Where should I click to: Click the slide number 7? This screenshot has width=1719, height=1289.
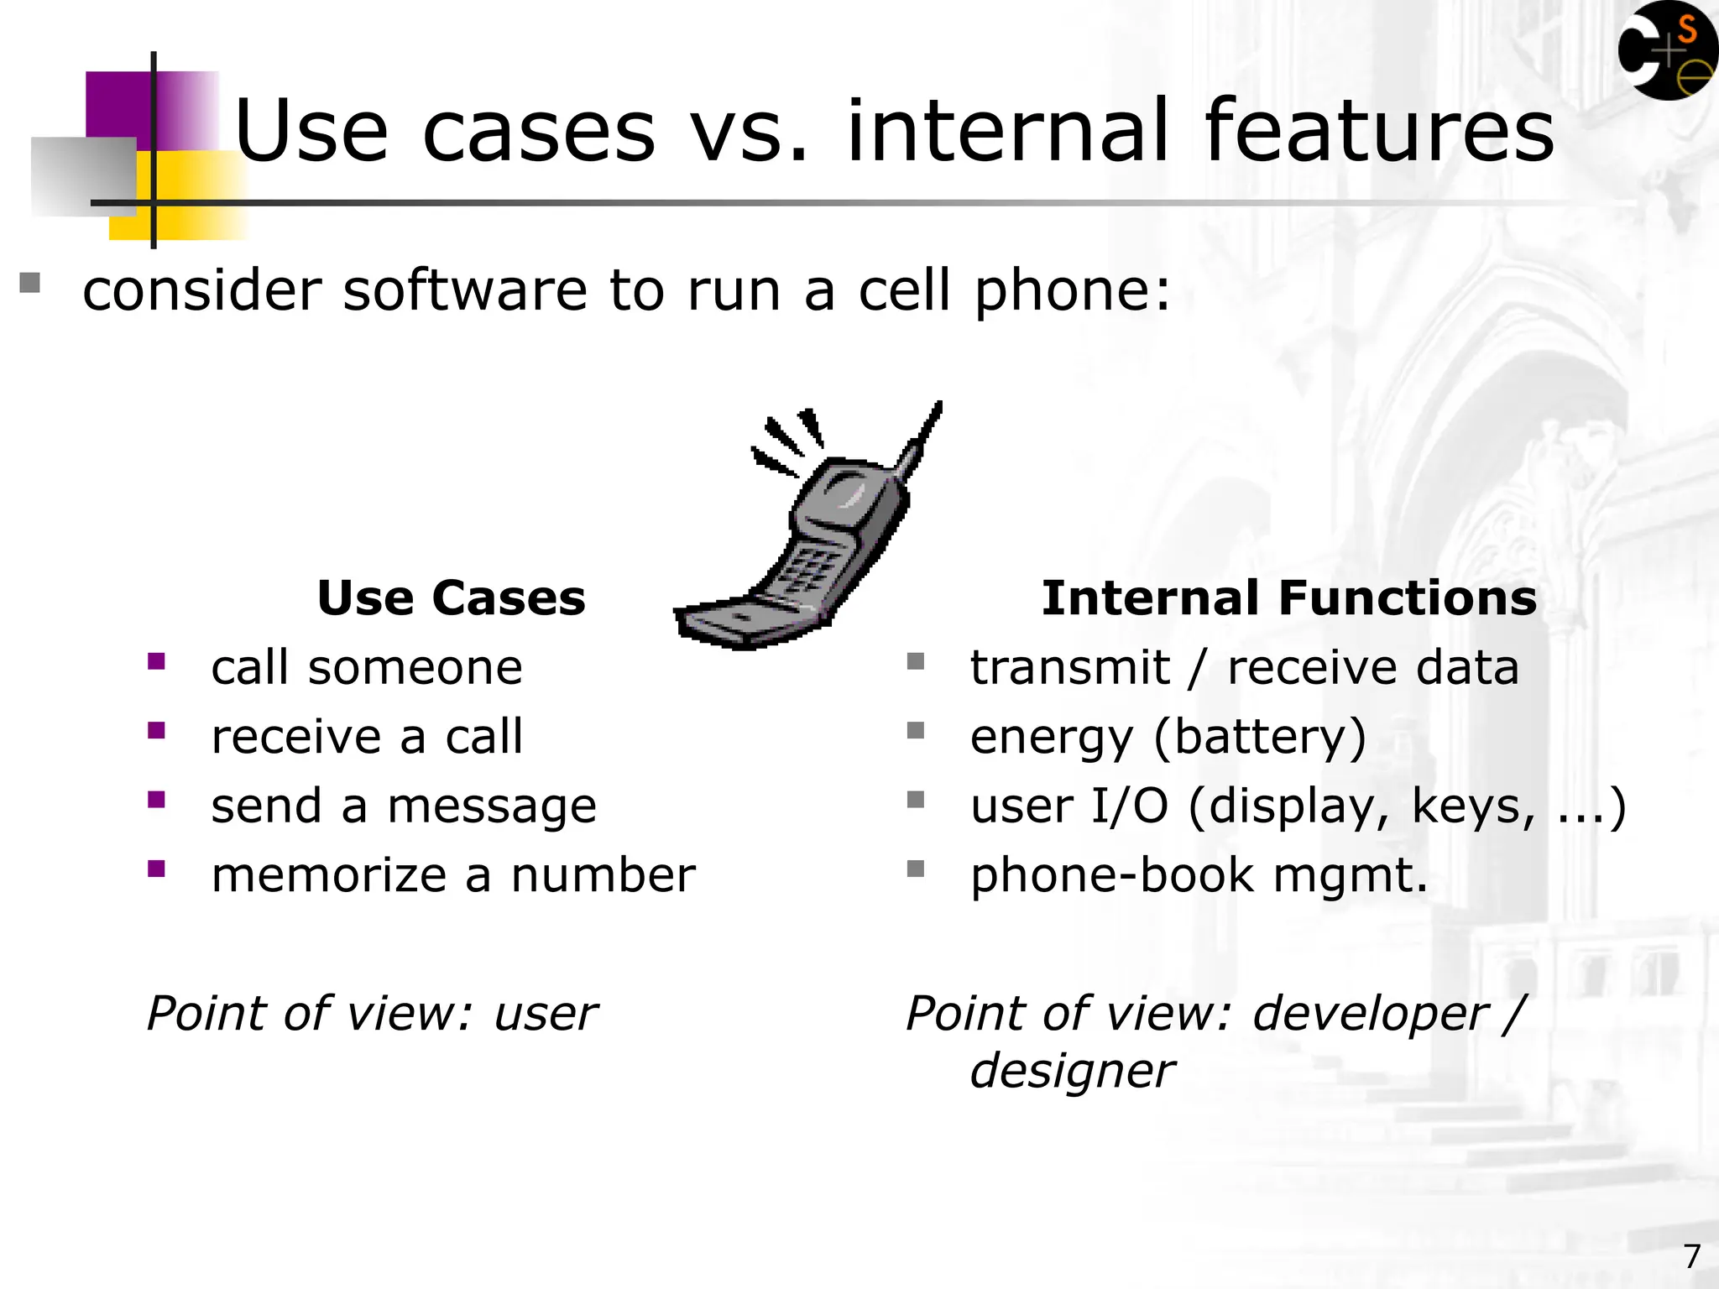(x=1691, y=1256)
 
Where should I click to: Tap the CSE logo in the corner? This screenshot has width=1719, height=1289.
(x=1666, y=52)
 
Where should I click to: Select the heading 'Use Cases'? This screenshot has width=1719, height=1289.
(x=451, y=598)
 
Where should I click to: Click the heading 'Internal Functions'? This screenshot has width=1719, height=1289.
(x=1288, y=598)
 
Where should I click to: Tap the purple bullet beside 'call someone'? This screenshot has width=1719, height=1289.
(x=156, y=662)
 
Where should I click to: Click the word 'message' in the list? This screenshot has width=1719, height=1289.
(x=491, y=806)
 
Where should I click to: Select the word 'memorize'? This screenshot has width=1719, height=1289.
(x=328, y=875)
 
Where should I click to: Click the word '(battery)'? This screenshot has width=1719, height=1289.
(x=1260, y=737)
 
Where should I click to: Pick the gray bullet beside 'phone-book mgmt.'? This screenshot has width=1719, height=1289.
(x=916, y=869)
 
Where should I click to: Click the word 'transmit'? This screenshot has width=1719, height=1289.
(x=1069, y=668)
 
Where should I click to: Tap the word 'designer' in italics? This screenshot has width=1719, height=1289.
(x=1072, y=1072)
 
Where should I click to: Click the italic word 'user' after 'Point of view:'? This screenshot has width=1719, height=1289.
(x=546, y=1014)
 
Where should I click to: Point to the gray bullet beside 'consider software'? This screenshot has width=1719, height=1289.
(x=30, y=283)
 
